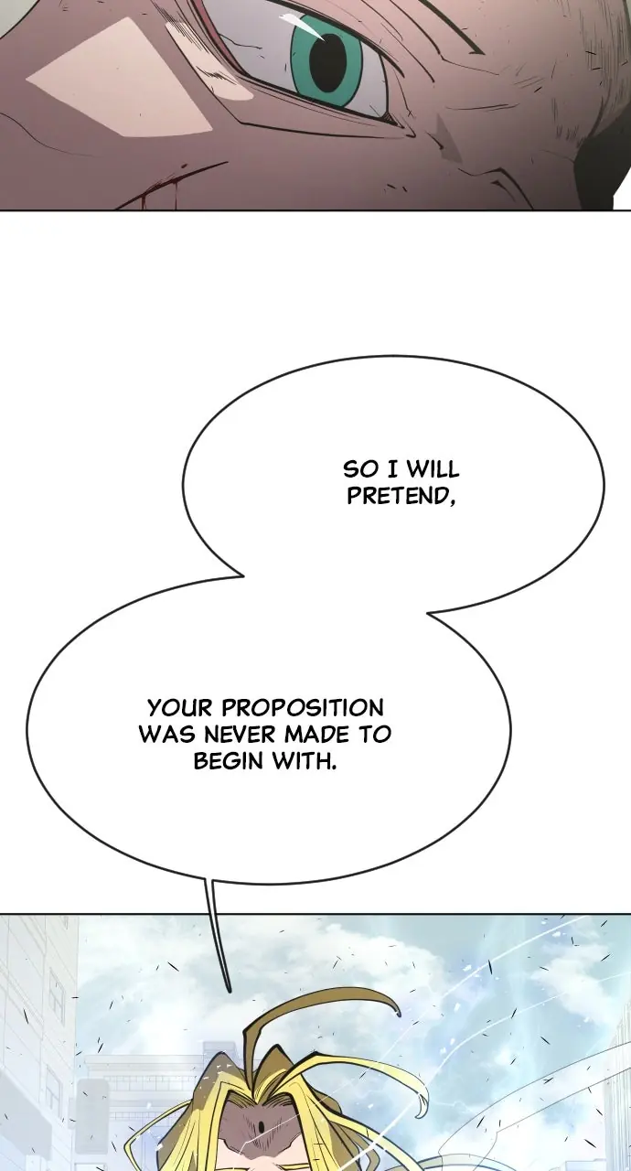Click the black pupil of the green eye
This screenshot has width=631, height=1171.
tap(327, 60)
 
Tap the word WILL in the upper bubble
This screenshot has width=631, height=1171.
tap(433, 470)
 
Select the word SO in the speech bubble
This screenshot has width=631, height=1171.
tap(360, 470)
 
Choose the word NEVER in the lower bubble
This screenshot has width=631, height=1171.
tap(235, 735)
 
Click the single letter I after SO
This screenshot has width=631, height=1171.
tap(391, 470)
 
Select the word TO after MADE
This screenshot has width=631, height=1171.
tap(375, 735)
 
